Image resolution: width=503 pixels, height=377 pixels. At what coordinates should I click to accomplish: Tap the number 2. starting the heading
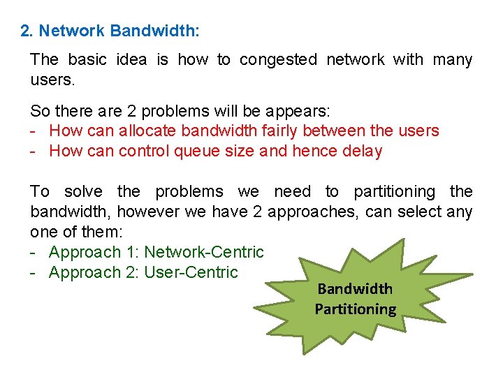click(x=27, y=31)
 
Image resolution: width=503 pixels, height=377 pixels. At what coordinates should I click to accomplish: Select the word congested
click(x=278, y=60)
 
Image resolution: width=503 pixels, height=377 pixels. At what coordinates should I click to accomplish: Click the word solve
click(x=83, y=191)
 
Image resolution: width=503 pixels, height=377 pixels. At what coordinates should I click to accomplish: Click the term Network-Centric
click(x=204, y=252)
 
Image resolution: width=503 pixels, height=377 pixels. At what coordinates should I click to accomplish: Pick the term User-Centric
click(x=191, y=272)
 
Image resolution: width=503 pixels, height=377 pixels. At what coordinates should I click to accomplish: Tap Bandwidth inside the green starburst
click(x=355, y=289)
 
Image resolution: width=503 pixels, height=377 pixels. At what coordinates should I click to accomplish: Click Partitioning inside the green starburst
click(x=355, y=309)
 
